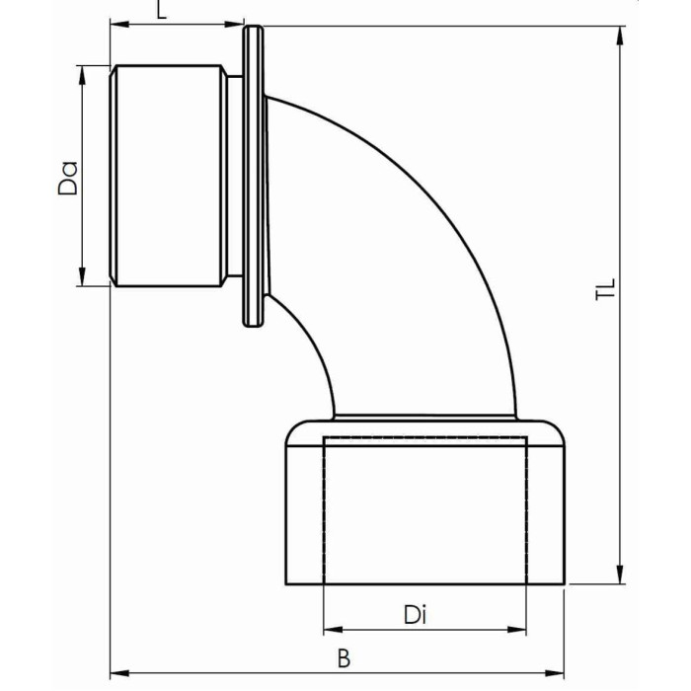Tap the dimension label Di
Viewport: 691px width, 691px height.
(x=415, y=614)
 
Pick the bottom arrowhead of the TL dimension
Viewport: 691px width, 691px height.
(x=621, y=576)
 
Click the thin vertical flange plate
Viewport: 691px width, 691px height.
(x=253, y=176)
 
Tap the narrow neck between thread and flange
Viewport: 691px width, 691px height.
(x=233, y=177)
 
